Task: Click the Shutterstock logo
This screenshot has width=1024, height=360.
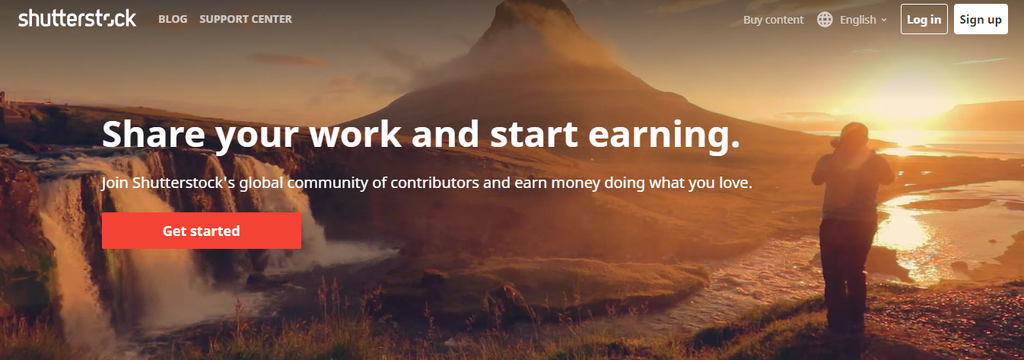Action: tap(77, 19)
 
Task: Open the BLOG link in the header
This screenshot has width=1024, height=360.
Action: tap(172, 19)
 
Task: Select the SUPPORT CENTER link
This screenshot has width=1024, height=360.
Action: tap(246, 19)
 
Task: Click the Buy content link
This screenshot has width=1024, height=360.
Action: tap(773, 20)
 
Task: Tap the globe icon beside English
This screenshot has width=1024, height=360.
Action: tap(825, 20)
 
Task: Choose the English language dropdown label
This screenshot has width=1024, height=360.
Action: tap(858, 20)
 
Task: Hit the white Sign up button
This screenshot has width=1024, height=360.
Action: tap(980, 19)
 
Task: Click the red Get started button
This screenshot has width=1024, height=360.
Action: tap(201, 231)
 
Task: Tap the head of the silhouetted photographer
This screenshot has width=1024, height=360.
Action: tap(853, 137)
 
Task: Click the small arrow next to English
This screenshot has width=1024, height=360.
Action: tap(884, 20)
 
